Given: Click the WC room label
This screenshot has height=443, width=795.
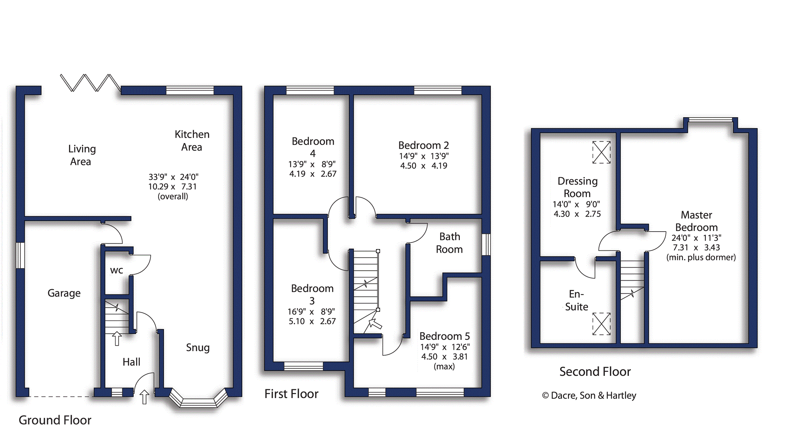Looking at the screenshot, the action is [117, 270].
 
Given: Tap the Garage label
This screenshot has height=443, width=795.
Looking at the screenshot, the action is [64, 293].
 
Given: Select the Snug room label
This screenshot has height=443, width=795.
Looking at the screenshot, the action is [198, 348].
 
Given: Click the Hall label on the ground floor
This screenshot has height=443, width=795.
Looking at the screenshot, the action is [131, 362].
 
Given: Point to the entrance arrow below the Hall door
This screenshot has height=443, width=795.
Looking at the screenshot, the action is [144, 397].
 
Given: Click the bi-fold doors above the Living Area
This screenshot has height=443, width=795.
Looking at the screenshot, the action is [90, 83].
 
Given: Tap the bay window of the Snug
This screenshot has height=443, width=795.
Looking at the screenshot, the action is [198, 399].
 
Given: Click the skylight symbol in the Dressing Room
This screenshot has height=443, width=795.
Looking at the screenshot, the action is [601, 152].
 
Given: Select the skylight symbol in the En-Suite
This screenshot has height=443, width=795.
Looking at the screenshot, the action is [601, 324].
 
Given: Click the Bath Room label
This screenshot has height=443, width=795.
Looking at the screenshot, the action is [450, 243].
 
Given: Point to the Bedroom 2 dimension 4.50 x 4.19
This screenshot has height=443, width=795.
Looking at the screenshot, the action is [424, 166].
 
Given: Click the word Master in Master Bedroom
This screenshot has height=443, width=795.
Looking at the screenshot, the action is [696, 215].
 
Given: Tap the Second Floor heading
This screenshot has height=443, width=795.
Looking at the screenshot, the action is [595, 372].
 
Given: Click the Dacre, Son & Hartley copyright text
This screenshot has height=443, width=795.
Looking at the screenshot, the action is [589, 395].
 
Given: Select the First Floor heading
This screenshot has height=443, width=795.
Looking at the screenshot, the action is [292, 394].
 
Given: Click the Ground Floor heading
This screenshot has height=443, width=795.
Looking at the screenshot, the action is [55, 420].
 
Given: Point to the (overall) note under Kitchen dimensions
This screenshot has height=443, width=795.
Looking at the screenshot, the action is [173, 196].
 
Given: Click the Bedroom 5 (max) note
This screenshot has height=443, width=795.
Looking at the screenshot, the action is [444, 367].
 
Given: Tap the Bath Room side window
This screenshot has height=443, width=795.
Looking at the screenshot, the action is [486, 244].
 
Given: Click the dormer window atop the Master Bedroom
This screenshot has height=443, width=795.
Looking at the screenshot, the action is [711, 120].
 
